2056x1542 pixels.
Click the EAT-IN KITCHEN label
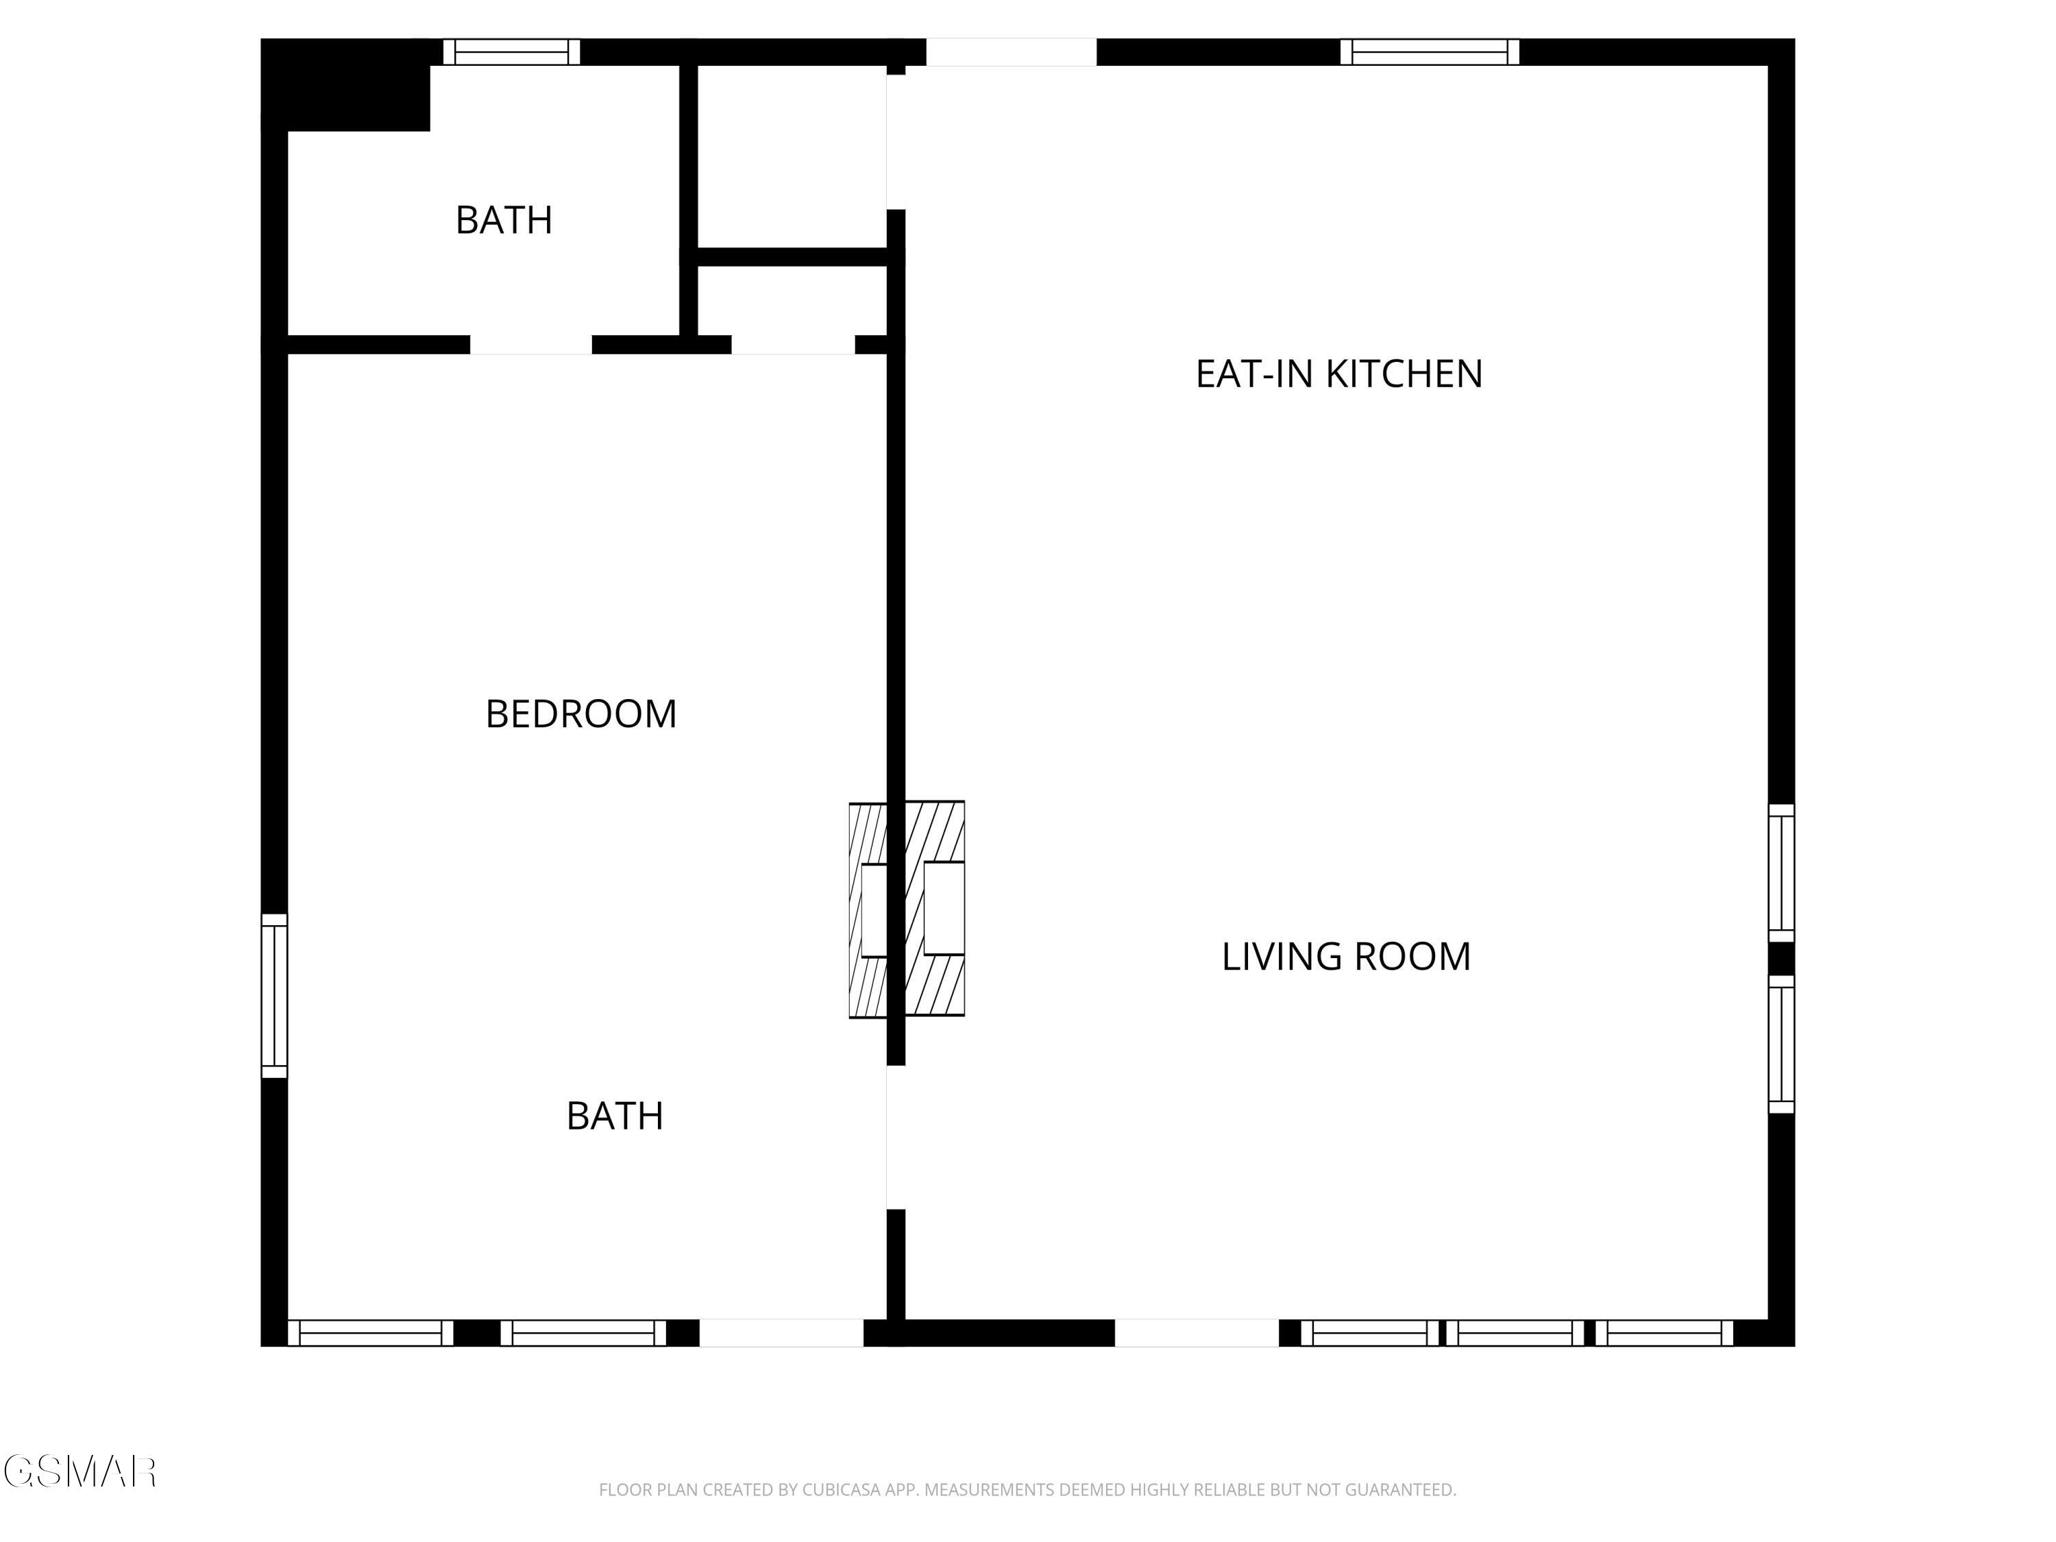pyautogui.click(x=1338, y=374)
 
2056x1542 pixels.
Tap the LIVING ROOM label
pyautogui.click(x=1346, y=957)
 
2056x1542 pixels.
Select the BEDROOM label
pyautogui.click(x=581, y=714)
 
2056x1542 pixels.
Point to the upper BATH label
pyautogui.click(x=504, y=220)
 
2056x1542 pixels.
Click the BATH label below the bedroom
pyautogui.click(x=614, y=1115)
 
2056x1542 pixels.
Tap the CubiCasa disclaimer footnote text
pyautogui.click(x=1027, y=1490)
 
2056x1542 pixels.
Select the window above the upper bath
pyautogui.click(x=511, y=52)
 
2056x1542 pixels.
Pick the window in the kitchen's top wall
pyautogui.click(x=1430, y=52)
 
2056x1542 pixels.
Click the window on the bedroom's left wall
pyautogui.click(x=274, y=996)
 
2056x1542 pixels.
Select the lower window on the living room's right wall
pyautogui.click(x=1781, y=1044)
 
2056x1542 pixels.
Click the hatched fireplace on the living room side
pyautogui.click(x=935, y=908)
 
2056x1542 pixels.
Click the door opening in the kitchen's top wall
pyautogui.click(x=1012, y=52)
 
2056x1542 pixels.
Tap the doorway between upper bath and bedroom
pyautogui.click(x=530, y=345)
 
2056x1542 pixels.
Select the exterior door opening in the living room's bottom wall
pyautogui.click(x=1197, y=1333)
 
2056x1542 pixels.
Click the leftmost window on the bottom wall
pyautogui.click(x=370, y=1333)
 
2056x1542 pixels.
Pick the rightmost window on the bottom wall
pyautogui.click(x=1665, y=1333)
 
